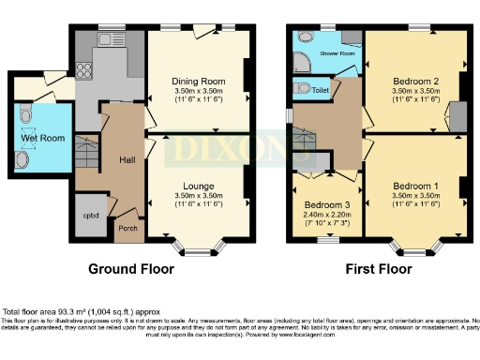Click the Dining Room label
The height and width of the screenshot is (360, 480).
198,81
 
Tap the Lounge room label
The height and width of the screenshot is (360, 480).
198,184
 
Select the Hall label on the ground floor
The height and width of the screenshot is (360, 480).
127,160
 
